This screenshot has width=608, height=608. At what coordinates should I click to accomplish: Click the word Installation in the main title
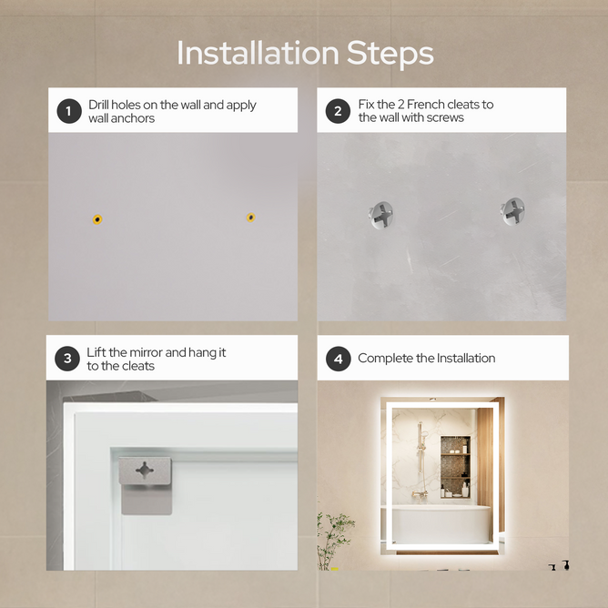tap(258, 53)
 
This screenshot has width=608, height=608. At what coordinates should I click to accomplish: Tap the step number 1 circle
tap(69, 111)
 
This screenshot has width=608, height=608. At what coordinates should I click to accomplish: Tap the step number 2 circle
tap(338, 111)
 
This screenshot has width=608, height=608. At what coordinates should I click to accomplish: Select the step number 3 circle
tap(67, 359)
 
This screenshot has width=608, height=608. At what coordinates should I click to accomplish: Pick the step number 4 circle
tap(338, 359)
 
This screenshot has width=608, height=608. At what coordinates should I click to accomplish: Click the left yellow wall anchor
tap(97, 219)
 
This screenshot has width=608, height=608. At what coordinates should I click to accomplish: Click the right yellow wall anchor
tap(251, 218)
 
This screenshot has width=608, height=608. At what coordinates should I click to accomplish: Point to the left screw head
tap(380, 215)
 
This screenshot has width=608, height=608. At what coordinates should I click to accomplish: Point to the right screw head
tap(512, 211)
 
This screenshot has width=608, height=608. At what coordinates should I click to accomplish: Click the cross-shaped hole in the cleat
tap(145, 470)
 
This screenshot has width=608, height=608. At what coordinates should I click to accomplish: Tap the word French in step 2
tap(424, 105)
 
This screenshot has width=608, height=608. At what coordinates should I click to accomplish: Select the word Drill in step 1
tap(98, 105)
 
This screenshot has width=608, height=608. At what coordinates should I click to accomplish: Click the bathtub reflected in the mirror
tap(441, 523)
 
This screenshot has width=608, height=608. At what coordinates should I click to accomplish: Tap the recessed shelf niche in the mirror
tap(456, 467)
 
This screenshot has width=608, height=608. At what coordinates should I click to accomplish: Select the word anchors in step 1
tap(133, 118)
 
